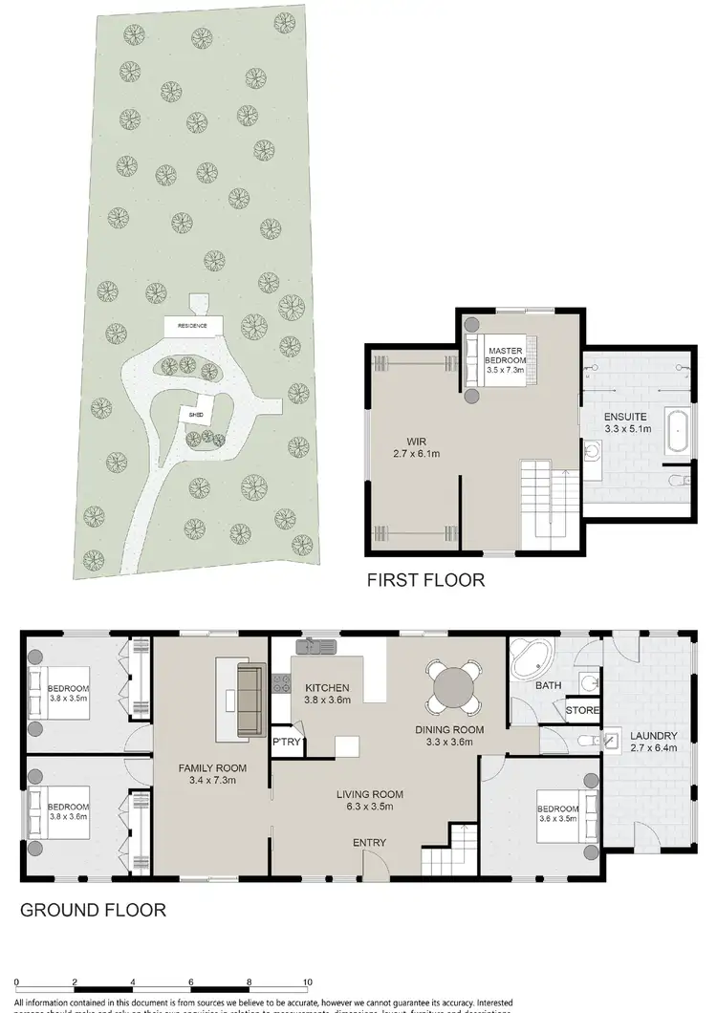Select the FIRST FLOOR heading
click(x=426, y=579)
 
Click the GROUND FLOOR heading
click(x=93, y=910)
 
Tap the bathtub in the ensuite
click(x=680, y=431)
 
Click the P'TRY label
click(x=284, y=742)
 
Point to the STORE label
click(x=581, y=710)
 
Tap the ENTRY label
click(x=370, y=841)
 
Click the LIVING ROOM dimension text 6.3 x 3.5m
click(x=369, y=808)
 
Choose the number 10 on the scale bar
click(x=308, y=981)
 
